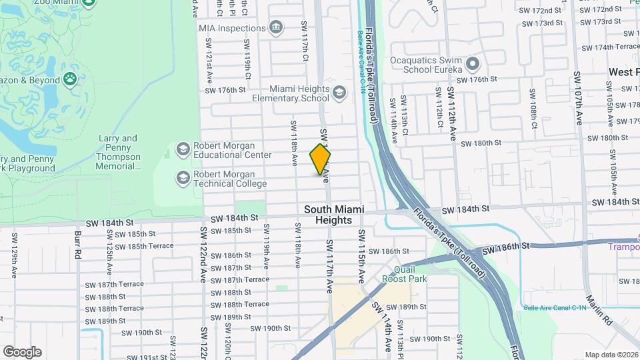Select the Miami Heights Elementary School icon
(339, 93)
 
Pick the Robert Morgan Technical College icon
(182, 178)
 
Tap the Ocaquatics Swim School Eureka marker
(473, 65)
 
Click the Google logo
(22, 352)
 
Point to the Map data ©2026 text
(611, 355)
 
